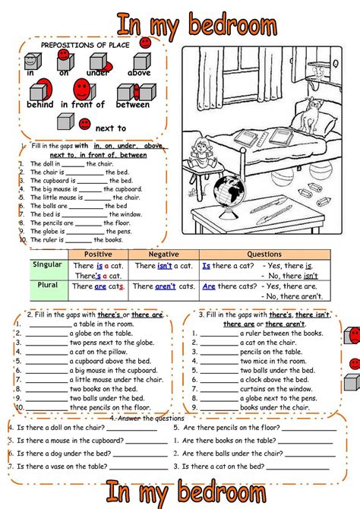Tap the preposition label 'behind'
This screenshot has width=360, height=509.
pos(39,105)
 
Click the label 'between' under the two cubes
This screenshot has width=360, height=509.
pos(132,105)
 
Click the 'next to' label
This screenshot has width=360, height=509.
pos(111,128)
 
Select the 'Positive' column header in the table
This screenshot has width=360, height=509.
pos(99,254)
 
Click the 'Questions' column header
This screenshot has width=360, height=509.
pos(264,254)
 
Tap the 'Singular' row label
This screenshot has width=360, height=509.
pos(48,264)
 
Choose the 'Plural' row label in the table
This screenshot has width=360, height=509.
pos(48,285)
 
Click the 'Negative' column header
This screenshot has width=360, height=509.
pos(163,254)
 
